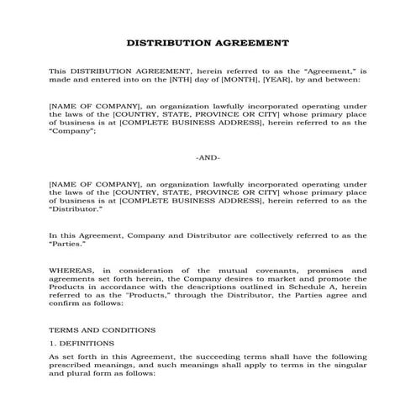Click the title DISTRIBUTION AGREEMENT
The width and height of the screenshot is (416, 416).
[x=208, y=41]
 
